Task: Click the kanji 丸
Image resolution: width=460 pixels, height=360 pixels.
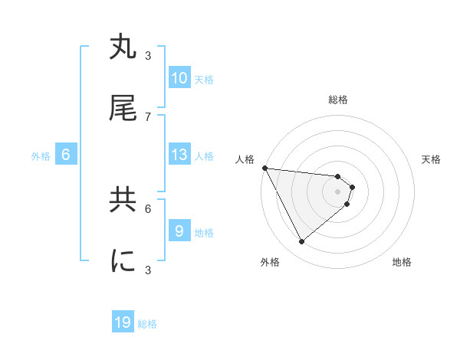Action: point(123,47)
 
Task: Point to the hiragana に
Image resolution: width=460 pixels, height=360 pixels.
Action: point(123,261)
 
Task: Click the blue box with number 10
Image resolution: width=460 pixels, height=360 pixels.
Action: point(179,78)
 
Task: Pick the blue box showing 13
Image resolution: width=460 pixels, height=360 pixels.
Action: point(179,155)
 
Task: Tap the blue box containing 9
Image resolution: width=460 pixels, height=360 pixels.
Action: point(179,231)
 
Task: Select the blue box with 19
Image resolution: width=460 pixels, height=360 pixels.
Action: point(123,322)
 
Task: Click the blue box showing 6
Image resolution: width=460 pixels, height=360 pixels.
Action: point(65,155)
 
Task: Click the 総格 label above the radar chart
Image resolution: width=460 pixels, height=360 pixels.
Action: point(338,100)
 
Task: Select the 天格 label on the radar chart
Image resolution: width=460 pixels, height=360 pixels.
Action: point(431,159)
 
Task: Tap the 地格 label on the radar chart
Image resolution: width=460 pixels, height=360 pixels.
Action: point(402,262)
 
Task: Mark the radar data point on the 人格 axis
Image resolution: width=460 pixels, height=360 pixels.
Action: point(264,168)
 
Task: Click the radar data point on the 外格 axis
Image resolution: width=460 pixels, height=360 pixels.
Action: point(302,241)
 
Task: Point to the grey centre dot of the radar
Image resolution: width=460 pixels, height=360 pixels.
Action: point(338,191)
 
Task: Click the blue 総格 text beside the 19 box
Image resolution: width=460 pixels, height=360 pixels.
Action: point(147,324)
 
